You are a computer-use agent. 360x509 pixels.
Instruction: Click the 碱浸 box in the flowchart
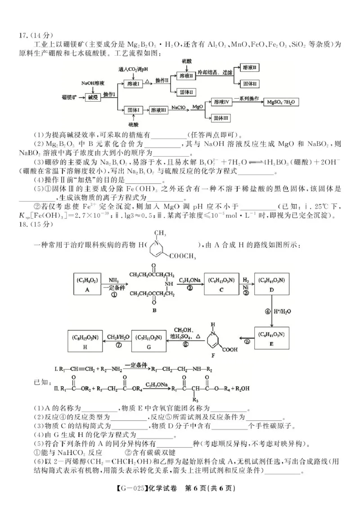[93, 96]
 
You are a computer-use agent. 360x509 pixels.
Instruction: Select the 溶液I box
[135, 84]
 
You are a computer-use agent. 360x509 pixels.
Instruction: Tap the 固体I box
[135, 109]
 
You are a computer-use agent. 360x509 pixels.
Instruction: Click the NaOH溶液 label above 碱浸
[93, 83]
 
